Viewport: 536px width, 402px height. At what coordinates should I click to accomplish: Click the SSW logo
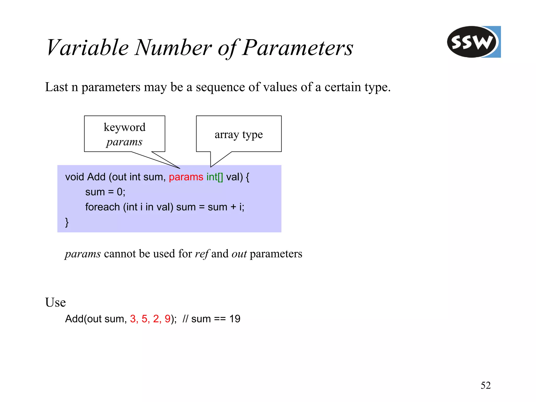coord(473,42)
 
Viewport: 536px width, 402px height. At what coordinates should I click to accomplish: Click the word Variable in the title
coord(87,48)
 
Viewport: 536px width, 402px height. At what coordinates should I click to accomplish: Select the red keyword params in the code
coord(186,177)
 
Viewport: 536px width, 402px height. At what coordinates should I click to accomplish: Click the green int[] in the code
coord(215,177)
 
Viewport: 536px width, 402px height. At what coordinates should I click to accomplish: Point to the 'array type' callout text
coord(238,135)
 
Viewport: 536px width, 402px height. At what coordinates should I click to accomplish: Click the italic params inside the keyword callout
coord(124,142)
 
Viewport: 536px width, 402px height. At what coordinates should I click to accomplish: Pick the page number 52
coord(485,385)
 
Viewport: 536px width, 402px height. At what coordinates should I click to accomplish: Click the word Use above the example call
coord(55,302)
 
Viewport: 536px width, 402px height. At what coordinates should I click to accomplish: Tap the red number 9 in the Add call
coord(167,319)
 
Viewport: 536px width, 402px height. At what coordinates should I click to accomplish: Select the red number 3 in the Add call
coord(133,319)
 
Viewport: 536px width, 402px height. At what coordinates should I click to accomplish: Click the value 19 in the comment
coord(235,319)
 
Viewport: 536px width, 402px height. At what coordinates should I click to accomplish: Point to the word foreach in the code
coord(102,207)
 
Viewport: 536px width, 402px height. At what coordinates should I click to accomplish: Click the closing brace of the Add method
coord(67,222)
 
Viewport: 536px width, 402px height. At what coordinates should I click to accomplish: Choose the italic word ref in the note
coord(202,254)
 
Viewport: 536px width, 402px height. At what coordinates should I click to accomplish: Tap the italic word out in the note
coord(239,254)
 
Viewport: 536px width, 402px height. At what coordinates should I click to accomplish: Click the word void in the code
coord(75,177)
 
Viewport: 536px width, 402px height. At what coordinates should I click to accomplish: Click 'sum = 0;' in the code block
coord(105,192)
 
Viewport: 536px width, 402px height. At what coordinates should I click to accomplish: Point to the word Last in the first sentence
coord(57,87)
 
